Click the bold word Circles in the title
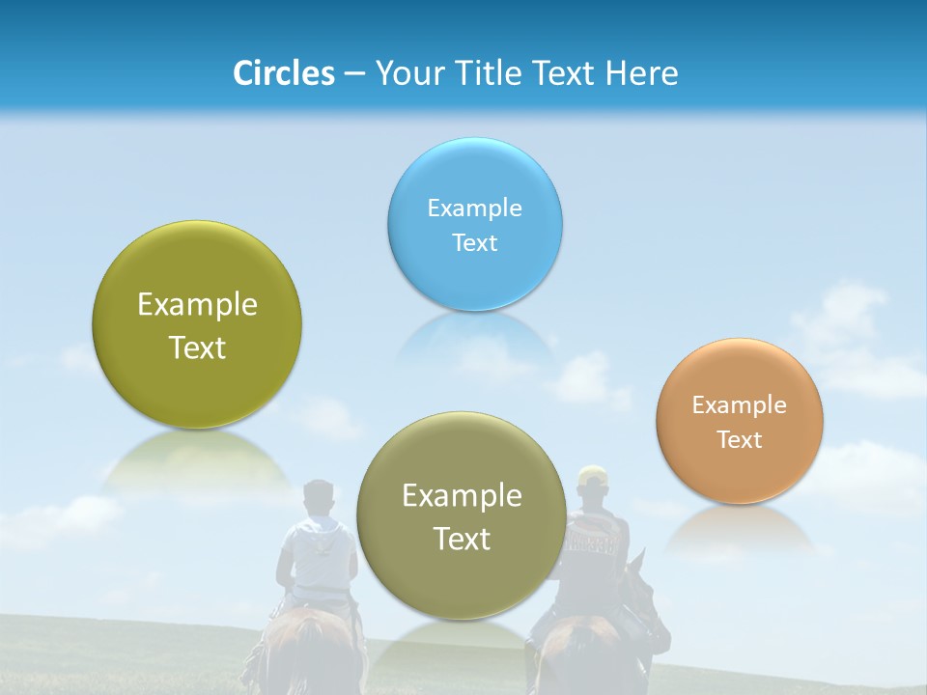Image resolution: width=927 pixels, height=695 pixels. point(284,73)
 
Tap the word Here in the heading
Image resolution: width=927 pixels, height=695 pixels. point(642,73)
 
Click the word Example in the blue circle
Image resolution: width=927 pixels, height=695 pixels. point(474,208)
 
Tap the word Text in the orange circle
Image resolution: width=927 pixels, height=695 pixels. point(740,439)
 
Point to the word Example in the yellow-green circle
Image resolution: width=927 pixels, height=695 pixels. point(197,305)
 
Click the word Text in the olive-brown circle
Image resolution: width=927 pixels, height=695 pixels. point(462,539)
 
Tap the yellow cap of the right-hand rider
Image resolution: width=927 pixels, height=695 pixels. point(592,475)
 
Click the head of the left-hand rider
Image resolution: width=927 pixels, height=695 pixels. point(318,498)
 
